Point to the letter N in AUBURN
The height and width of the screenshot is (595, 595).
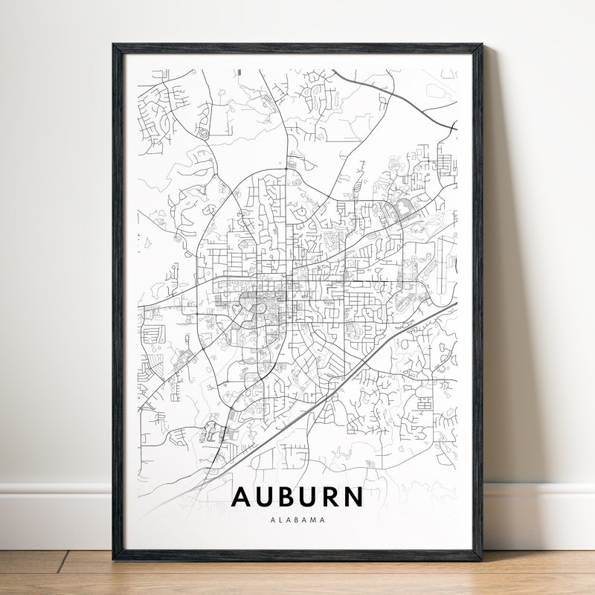354,496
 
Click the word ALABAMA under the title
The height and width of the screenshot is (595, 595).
297,520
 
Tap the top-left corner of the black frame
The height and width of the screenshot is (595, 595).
114,45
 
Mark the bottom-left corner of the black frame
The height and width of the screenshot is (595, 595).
114,559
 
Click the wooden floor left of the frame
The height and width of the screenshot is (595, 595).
52,573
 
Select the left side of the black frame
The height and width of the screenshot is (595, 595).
118,297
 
